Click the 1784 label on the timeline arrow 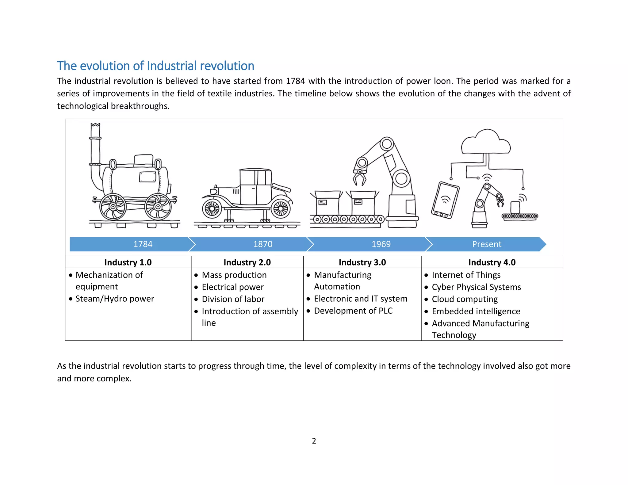coord(143,244)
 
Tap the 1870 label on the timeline coord(263,244)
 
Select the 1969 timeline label coord(381,244)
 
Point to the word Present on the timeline coord(487,244)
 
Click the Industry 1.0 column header coord(128,262)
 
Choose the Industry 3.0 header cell coord(362,262)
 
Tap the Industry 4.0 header coord(492,262)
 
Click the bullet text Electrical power coord(233,287)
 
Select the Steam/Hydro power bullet coord(115,299)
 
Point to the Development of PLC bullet coord(353,311)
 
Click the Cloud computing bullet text coord(465,299)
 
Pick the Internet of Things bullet coord(466,275)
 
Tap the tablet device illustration coord(445,200)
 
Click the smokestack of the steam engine coord(95,144)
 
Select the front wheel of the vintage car coord(212,209)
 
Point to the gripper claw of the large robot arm coord(360,178)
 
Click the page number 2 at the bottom coord(314,441)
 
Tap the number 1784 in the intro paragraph coord(295,81)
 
